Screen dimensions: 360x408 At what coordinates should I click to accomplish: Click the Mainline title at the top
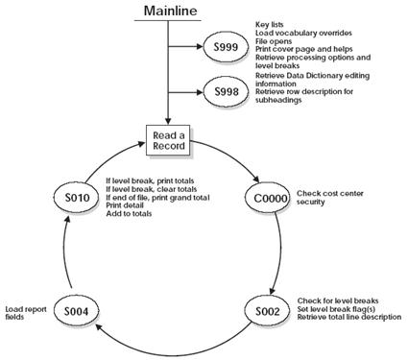click(x=170, y=12)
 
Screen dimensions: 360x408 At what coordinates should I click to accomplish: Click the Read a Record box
click(x=169, y=140)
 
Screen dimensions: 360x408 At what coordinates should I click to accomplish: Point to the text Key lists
click(x=273, y=22)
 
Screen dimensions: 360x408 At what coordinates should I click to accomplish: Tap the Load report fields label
click(x=20, y=312)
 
